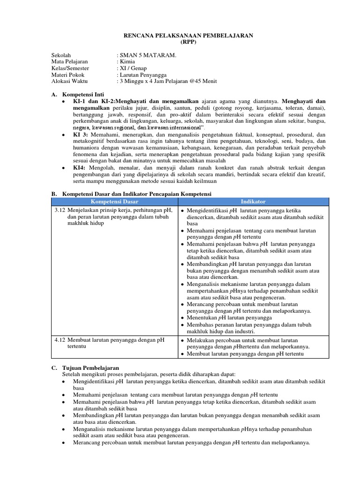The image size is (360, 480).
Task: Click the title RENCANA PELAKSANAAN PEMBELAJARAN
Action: [x=188, y=35]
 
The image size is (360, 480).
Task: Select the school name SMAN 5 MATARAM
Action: [x=142, y=55]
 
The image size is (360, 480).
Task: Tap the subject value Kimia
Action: [x=127, y=61]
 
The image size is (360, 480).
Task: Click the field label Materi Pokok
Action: [x=68, y=75]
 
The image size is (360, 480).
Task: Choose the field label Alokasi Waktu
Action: [x=69, y=81]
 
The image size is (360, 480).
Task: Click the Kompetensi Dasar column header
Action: [x=114, y=202]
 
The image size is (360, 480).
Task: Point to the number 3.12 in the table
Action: [x=60, y=210]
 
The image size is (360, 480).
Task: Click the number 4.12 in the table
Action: [x=60, y=340]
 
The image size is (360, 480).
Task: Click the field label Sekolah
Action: [x=61, y=55]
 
